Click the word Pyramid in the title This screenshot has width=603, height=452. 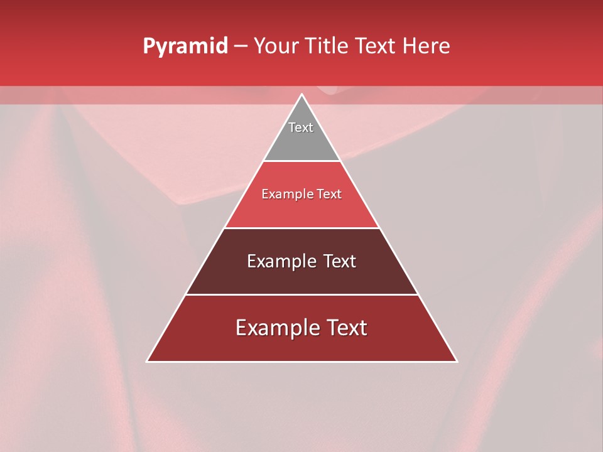pos(185,46)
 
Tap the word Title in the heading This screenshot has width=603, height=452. pos(327,46)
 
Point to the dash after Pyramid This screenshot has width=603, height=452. pos(241,46)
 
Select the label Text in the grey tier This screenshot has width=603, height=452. pos(301,127)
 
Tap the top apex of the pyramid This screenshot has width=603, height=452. pos(301,95)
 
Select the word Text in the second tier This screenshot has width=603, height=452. pos(329,194)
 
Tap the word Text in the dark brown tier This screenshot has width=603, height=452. pos(340,261)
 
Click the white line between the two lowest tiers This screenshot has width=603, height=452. pos(301,294)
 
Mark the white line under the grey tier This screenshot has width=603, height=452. pos(301,161)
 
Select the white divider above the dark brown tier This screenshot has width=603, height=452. pos(301,228)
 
